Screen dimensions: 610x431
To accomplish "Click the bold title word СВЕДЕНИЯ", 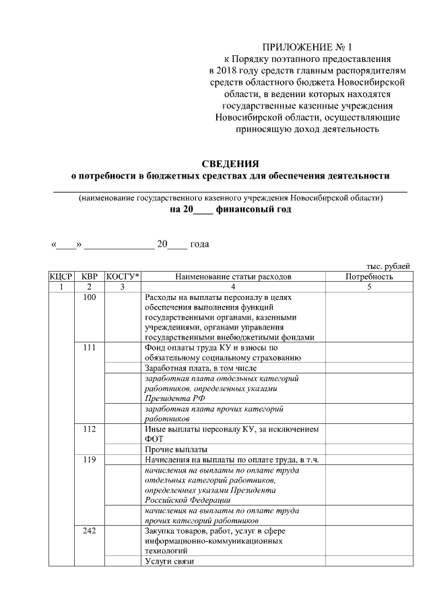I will [230, 164].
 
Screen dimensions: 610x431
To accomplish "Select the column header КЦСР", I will [61, 276].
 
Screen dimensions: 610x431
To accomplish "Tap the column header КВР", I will [90, 276].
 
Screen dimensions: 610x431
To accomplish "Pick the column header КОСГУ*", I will [123, 276].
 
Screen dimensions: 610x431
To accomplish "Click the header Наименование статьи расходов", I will [233, 276].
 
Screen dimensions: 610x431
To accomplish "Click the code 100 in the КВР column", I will [90, 297].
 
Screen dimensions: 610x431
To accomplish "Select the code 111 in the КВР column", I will [90, 348].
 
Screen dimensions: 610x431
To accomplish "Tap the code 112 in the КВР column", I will [90, 429].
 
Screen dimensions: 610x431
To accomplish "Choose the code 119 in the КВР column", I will [90, 460].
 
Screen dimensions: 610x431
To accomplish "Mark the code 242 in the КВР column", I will [90, 531].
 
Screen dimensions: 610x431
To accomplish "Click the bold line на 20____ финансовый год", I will [230, 210].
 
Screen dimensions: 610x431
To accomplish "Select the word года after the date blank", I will [199, 244].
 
